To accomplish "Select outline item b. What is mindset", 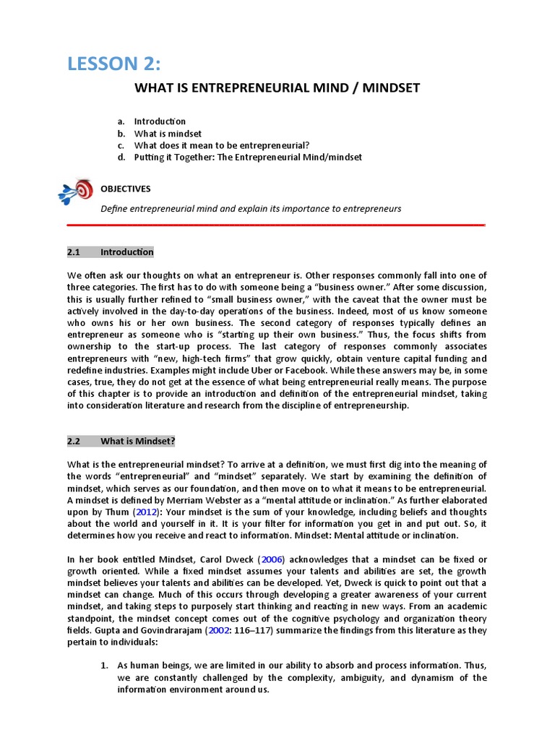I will coord(167,134).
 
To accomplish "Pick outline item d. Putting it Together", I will coord(247,157).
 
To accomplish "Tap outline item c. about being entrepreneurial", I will coord(221,145).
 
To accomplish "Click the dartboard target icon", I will coord(76,191).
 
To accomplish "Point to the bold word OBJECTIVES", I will coord(125,189).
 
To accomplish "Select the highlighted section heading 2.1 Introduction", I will coord(111,252).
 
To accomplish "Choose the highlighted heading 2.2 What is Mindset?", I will coord(121,441).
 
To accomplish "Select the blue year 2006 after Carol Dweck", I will coord(272,560).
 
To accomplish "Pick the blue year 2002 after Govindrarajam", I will coord(219,630).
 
